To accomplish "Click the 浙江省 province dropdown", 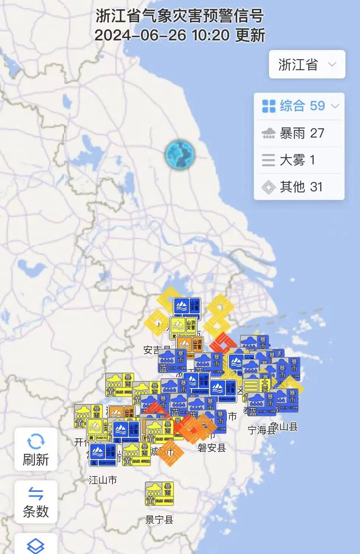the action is [x=307, y=64].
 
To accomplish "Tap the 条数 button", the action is [x=36, y=502].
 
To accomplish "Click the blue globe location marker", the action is [x=180, y=154].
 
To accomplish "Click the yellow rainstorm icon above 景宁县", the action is [x=159, y=494].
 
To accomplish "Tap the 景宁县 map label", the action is [x=159, y=519].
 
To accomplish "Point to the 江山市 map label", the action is [x=103, y=480].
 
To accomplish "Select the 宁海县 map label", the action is [x=261, y=430].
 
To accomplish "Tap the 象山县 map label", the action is [x=284, y=427].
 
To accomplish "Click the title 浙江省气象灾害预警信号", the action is [x=180, y=16].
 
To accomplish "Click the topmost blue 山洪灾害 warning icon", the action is [x=187, y=308].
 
